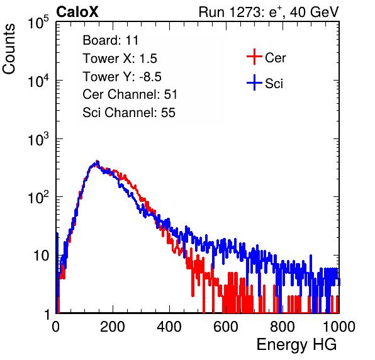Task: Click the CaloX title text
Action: pos(77,12)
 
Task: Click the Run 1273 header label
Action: pos(269,12)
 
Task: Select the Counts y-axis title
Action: pos(9,49)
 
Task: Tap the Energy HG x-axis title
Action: pos(296,345)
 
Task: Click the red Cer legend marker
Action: pos(254,57)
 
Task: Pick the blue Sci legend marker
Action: pos(254,82)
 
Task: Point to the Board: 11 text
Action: pos(111,40)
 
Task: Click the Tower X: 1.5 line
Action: pos(120,59)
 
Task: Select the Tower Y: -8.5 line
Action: pos(122,77)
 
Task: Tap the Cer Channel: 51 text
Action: pos(130,94)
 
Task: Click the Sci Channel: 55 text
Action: pos(129,113)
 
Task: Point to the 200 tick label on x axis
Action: pos(113,327)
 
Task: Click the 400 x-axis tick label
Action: pos(169,327)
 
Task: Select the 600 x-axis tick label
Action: pos(226,327)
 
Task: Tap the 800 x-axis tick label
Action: pos(283,327)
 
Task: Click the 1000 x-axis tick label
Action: pos(339,327)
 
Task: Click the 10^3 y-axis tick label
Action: pos(38,139)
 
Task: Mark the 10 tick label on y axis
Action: pos(41,256)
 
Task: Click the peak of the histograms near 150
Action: pos(97,162)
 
